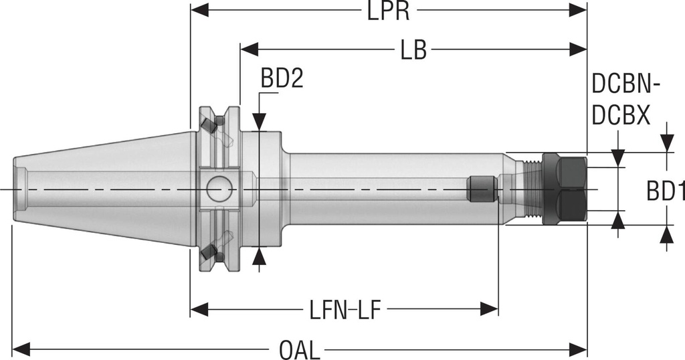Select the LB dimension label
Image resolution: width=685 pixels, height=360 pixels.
(413, 50)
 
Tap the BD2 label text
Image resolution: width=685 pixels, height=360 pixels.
(282, 80)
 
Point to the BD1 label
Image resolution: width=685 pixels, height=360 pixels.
(665, 192)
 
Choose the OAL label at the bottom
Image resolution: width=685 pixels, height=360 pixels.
(300, 349)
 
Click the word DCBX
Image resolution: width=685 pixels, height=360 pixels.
(621, 116)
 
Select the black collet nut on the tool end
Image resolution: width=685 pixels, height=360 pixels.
(563, 189)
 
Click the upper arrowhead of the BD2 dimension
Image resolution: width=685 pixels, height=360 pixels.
(260, 122)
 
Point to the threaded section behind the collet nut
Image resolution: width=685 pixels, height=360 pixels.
(531, 189)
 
